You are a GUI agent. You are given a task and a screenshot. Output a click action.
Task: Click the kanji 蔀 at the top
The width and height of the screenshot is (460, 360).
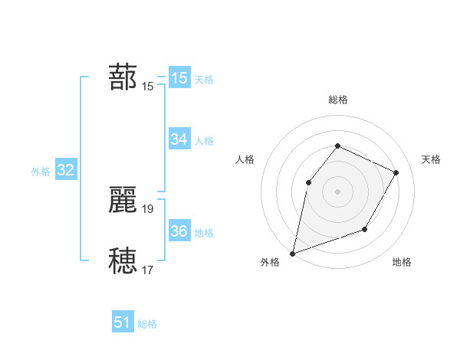point(123,78)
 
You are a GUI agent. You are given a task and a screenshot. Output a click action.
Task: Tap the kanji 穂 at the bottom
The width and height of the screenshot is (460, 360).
point(123,260)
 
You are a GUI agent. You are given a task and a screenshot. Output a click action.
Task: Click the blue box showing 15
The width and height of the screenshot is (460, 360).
point(179,78)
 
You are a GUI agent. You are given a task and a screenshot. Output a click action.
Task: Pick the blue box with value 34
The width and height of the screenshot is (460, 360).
point(179,139)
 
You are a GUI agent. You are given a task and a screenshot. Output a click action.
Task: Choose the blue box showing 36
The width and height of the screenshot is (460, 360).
point(179,232)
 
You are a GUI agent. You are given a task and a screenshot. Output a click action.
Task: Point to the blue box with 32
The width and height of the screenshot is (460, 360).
point(65,171)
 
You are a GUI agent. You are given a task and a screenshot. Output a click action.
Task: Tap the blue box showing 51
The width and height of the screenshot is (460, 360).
point(123,323)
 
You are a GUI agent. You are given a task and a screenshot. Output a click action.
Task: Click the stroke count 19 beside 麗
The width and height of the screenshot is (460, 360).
point(148,208)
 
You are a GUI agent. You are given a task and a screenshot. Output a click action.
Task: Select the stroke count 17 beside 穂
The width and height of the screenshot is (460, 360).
point(148,270)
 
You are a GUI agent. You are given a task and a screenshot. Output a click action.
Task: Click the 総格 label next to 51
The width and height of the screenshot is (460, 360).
point(147,324)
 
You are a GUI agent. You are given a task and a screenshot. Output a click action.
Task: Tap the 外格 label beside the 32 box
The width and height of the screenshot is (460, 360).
point(41,172)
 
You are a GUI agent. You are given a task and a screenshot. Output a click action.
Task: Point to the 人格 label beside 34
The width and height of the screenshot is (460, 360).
point(204,141)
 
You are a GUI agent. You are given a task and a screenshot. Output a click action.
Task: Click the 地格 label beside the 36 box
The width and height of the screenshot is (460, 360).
point(204,233)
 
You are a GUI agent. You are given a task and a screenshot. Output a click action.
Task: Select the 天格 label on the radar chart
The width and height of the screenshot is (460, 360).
point(432,159)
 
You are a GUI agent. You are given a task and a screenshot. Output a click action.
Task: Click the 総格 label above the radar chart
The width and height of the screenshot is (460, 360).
point(337,100)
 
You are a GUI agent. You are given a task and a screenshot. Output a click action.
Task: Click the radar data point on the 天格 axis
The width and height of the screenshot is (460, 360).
point(396,172)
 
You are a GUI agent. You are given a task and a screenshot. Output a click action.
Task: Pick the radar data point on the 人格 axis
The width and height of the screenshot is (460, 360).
point(308,182)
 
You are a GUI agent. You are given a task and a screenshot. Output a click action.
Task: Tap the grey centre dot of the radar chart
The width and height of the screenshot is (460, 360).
point(337,191)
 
